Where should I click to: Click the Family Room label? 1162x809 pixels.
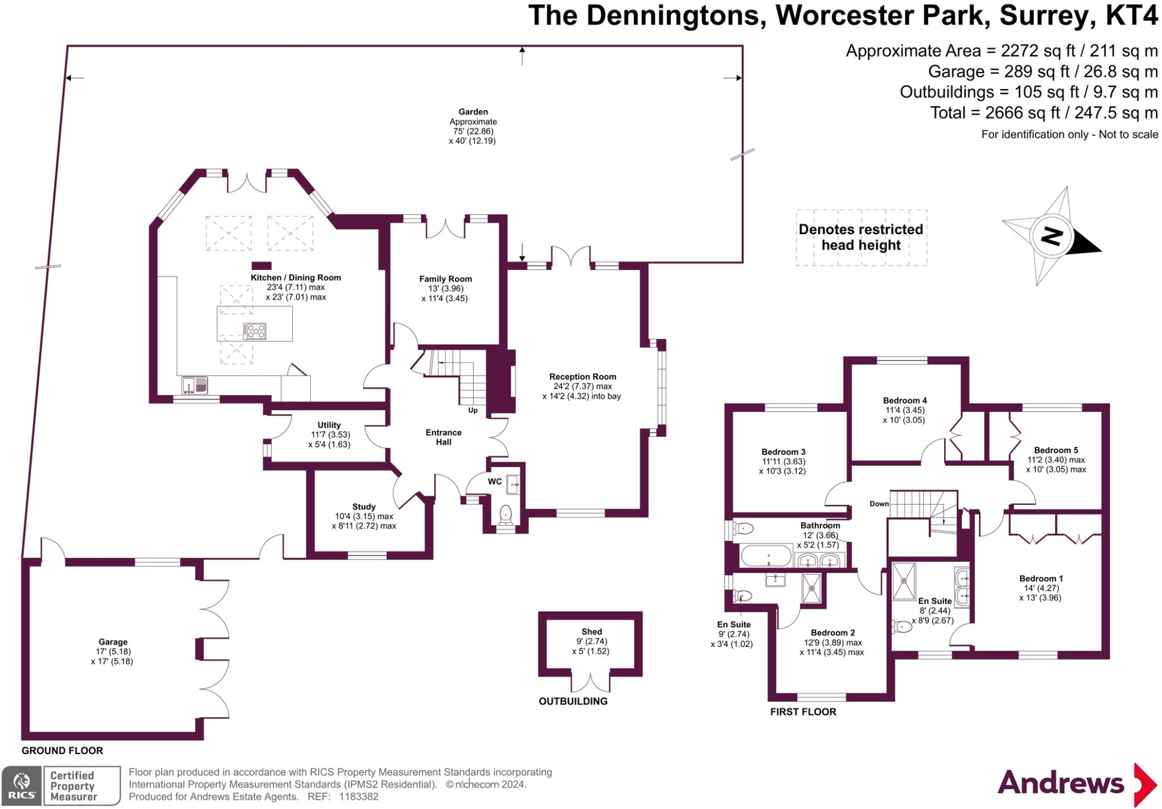click(445, 279)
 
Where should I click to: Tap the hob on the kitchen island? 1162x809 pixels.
click(254, 331)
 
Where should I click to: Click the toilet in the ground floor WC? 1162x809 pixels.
click(505, 515)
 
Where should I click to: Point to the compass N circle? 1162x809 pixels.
click(1051, 235)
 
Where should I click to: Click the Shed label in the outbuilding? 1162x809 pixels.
click(591, 631)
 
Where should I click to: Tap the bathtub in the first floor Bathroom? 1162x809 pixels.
click(766, 556)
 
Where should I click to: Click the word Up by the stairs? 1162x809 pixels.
click(473, 410)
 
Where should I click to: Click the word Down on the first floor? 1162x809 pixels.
click(879, 504)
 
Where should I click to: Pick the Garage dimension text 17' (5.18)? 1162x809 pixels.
click(113, 651)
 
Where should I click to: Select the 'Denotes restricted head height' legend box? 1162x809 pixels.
click(861, 237)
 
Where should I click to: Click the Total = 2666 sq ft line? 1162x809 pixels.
click(1043, 113)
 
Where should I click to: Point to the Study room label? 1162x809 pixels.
click(364, 507)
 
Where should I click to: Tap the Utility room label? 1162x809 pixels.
click(329, 425)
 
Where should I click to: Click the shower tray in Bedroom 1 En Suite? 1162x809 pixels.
click(903, 580)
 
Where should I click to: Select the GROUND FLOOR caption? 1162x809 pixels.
click(62, 751)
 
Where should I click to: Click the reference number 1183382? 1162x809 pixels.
click(359, 797)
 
